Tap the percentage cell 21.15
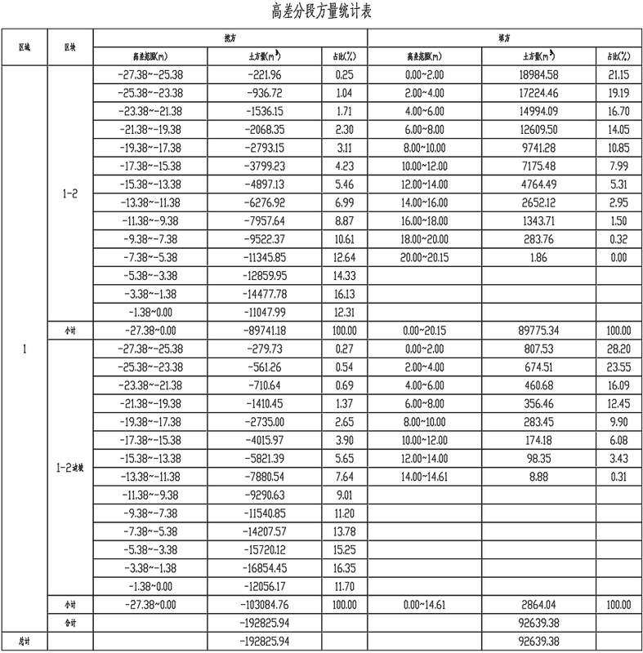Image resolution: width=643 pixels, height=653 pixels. (x=618, y=74)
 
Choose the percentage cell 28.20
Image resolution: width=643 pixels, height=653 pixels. (x=618, y=349)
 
